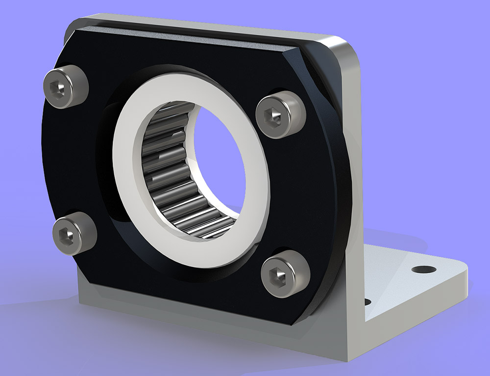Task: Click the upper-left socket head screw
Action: (x=66, y=86)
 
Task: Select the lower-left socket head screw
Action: (x=74, y=233)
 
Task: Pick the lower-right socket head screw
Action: (x=286, y=274)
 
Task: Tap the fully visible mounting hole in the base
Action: (x=423, y=269)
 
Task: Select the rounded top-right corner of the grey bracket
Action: (x=350, y=49)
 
